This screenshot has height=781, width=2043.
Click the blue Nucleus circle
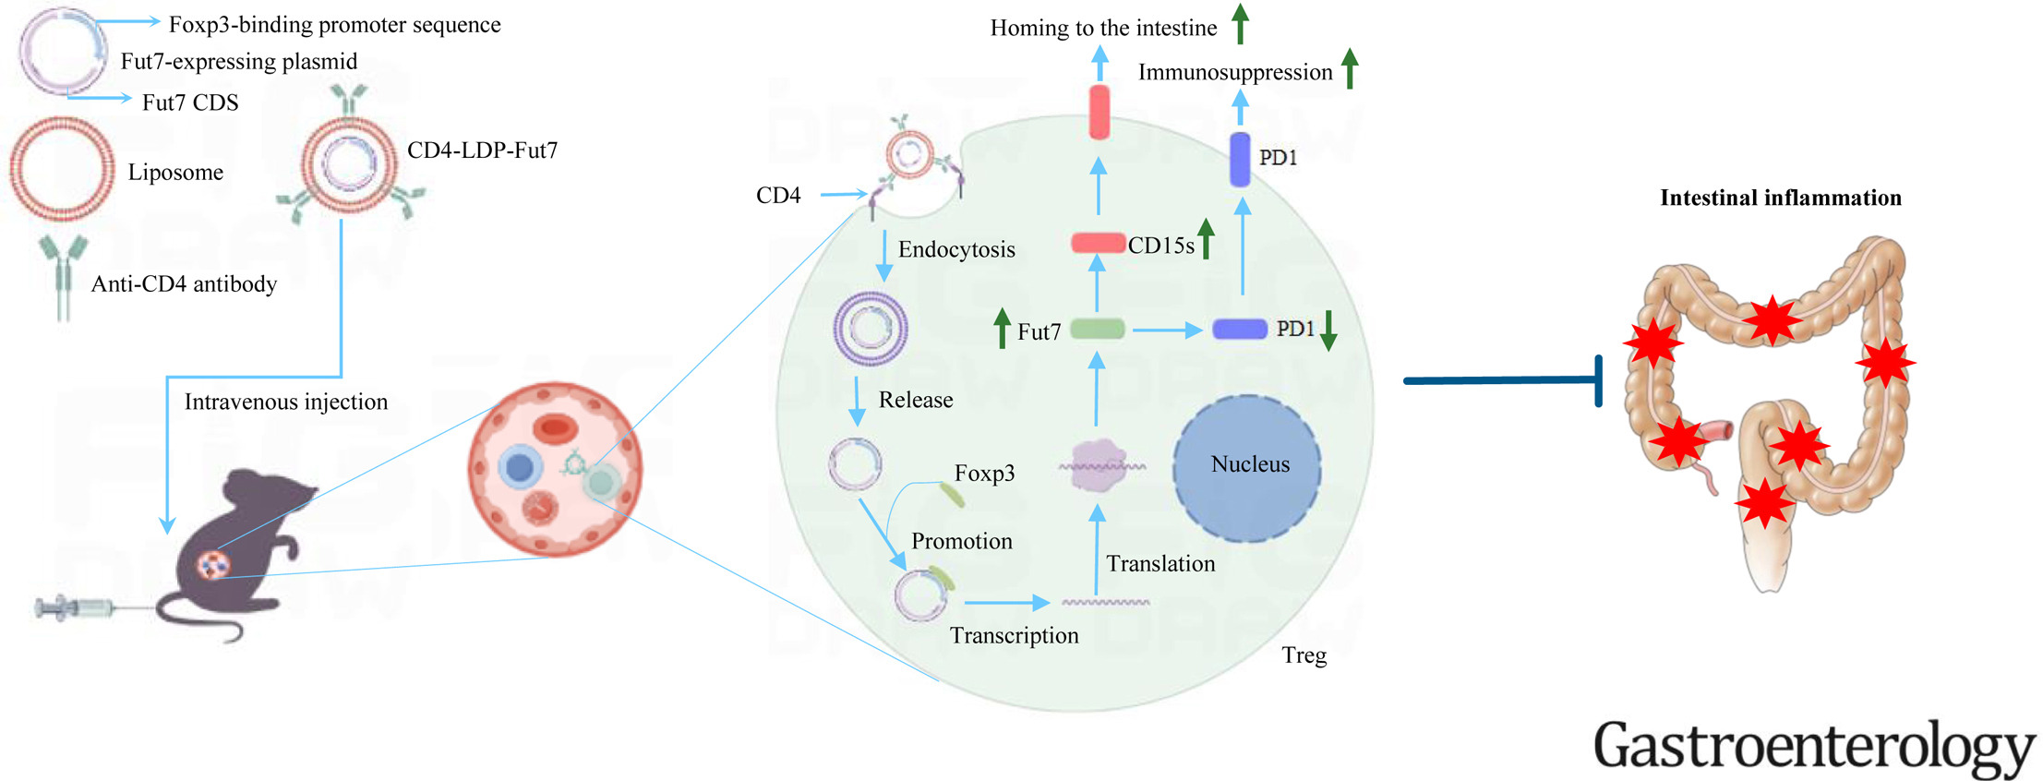[x=1247, y=468]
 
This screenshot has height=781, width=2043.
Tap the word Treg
[x=1304, y=655]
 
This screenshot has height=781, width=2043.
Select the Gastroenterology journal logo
[x=1813, y=746]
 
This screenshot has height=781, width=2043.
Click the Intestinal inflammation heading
[x=1780, y=198]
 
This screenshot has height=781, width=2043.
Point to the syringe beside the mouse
[x=74, y=608]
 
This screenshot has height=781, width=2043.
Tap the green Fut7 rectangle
[x=1097, y=329]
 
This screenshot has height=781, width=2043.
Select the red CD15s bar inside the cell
[x=1097, y=243]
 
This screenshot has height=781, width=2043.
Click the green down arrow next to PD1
[x=1328, y=330]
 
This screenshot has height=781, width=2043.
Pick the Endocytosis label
[x=955, y=249]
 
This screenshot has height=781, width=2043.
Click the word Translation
[x=1160, y=564]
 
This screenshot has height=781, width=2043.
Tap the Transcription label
[x=1014, y=635]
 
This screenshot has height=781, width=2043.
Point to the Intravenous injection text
[x=285, y=402]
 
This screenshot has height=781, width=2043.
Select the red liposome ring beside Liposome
[x=62, y=169]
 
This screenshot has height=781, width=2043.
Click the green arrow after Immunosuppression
[x=1349, y=68]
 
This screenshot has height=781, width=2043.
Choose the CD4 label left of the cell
[x=777, y=196]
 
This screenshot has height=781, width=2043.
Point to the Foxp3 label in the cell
[x=984, y=474]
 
